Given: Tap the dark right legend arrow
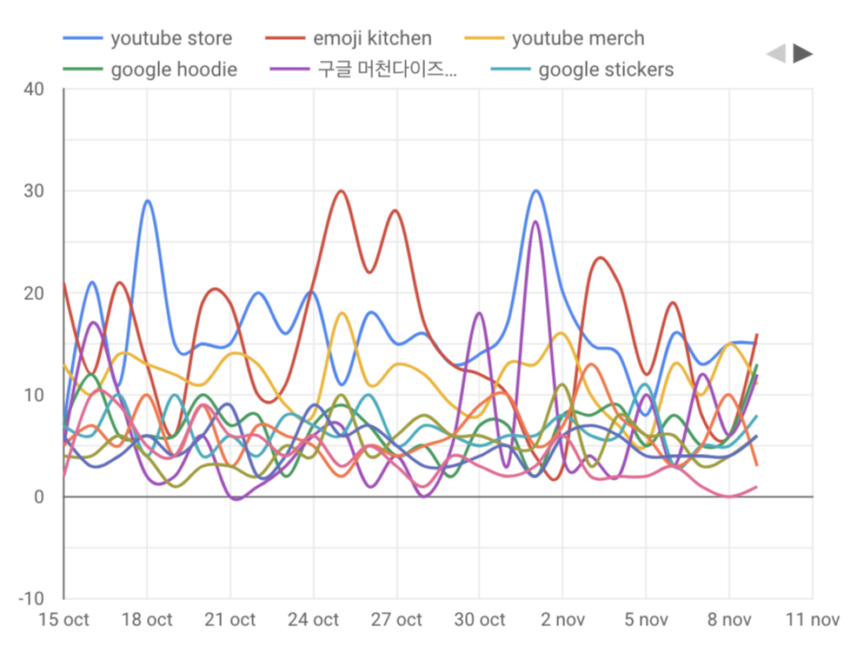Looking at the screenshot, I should pyautogui.click(x=803, y=54).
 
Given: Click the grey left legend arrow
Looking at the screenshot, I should pyautogui.click(x=775, y=54).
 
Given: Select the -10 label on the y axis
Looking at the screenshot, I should pyautogui.click(x=31, y=599).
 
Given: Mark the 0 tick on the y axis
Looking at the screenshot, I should pyautogui.click(x=38, y=497).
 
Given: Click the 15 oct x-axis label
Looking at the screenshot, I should pyautogui.click(x=64, y=620).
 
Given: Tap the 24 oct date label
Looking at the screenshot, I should pyautogui.click(x=314, y=620).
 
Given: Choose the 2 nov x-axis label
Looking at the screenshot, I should pyautogui.click(x=563, y=620).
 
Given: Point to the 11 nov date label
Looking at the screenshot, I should pyautogui.click(x=812, y=620).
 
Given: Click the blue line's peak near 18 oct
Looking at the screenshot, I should pyautogui.click(x=148, y=201).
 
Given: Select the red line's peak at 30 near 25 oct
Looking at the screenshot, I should pyautogui.click(x=341, y=191).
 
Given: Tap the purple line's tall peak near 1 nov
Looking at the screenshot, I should pyautogui.click(x=535, y=222).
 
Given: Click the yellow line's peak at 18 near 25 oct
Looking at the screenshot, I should pyautogui.click(x=342, y=313).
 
